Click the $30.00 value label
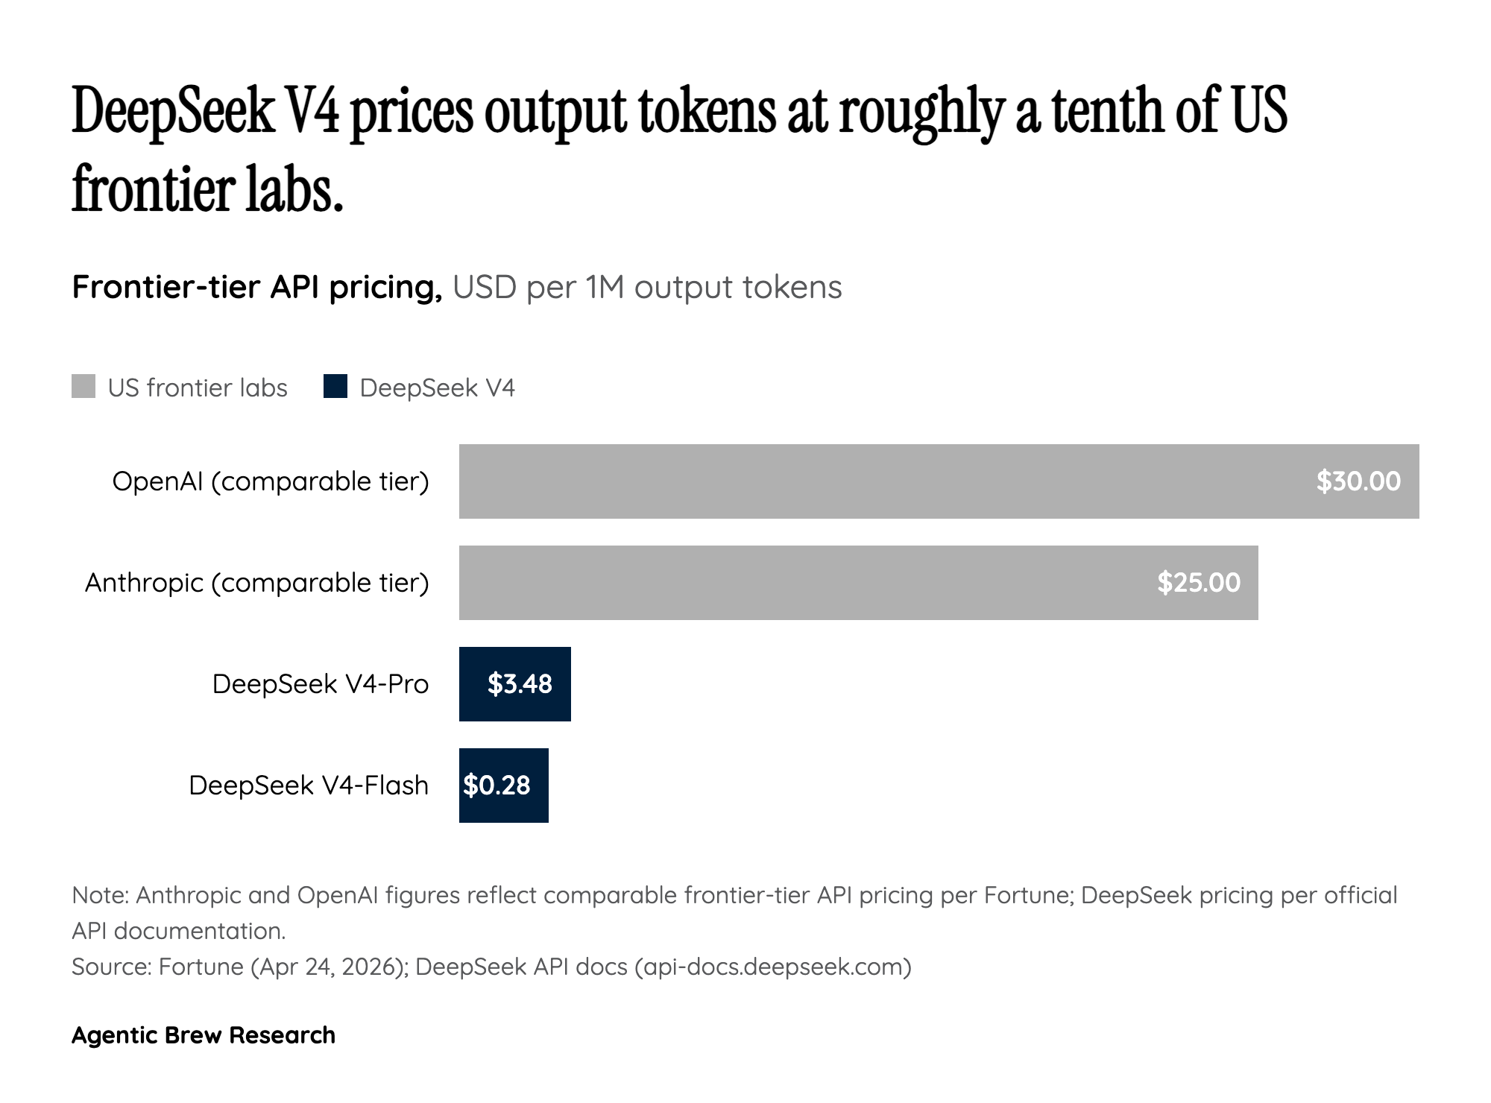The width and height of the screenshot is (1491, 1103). click(x=1358, y=481)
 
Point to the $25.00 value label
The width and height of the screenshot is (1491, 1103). click(x=1199, y=583)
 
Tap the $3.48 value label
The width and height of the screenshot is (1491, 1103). click(x=520, y=684)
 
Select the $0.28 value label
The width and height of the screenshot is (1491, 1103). click(x=497, y=786)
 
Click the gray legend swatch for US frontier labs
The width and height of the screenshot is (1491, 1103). click(x=83, y=387)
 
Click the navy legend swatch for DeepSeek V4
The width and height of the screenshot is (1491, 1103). click(x=335, y=387)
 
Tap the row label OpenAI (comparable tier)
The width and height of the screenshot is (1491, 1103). click(x=271, y=481)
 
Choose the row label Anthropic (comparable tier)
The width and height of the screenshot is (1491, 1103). click(x=257, y=583)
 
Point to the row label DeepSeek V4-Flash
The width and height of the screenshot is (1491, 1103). click(x=309, y=786)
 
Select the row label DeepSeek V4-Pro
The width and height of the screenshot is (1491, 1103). click(x=321, y=684)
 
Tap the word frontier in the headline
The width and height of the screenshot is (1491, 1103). click(x=152, y=189)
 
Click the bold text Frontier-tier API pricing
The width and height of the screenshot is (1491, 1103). click(x=257, y=287)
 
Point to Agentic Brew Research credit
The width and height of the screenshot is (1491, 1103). click(x=204, y=1035)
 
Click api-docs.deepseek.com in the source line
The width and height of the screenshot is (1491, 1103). click(x=772, y=967)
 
